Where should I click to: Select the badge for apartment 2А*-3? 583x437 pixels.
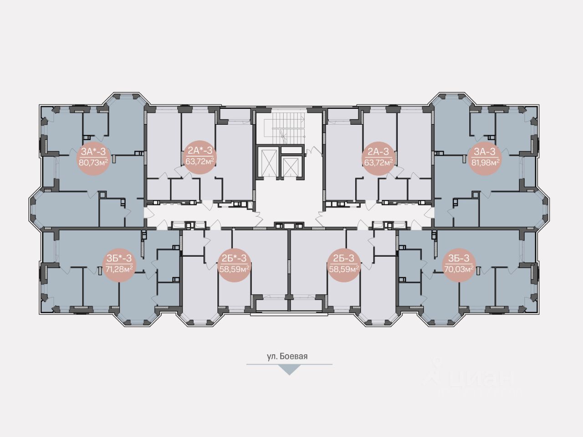[199, 156]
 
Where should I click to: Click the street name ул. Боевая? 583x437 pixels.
[287, 356]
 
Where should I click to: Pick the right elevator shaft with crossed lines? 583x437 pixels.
[292, 164]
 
